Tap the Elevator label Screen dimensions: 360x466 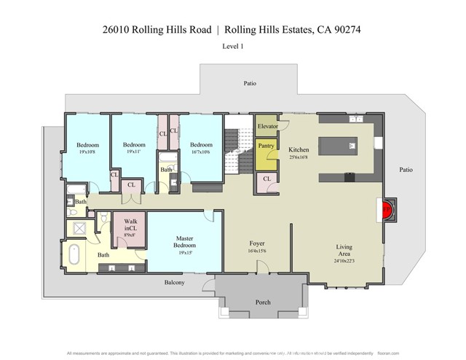[x=267, y=126]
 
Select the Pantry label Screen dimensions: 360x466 [x=266, y=146]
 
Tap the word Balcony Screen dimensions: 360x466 [x=174, y=282]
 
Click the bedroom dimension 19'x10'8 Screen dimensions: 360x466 [x=88, y=152]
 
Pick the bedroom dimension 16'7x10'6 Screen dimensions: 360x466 [x=201, y=152]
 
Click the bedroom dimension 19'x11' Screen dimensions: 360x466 [x=134, y=152]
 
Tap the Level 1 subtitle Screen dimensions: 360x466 [x=232, y=46]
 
